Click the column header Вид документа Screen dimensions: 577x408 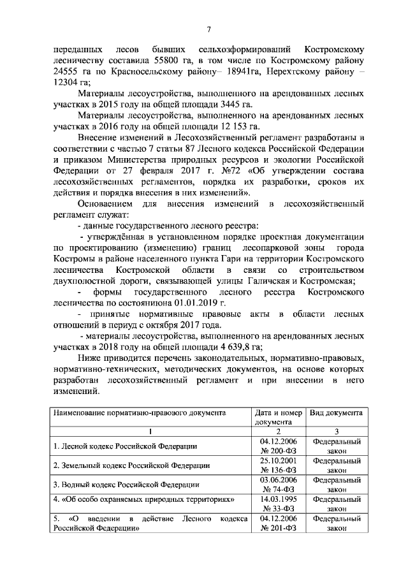click(336, 413)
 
